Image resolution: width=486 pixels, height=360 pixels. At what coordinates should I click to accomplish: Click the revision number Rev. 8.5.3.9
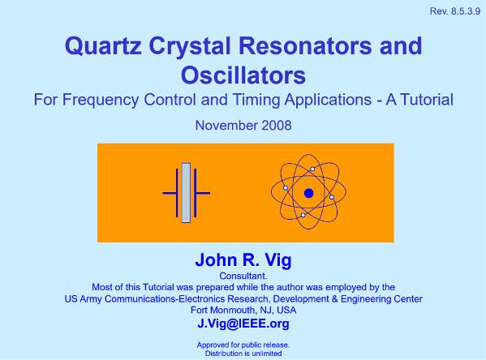454,11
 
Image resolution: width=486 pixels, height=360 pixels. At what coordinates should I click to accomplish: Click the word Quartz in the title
103,46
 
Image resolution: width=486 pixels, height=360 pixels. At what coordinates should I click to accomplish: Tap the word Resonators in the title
305,46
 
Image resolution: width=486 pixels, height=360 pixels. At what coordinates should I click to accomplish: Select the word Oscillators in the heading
243,75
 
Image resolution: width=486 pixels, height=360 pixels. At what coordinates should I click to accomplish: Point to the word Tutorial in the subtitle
427,100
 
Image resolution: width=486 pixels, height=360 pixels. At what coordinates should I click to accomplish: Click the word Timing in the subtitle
256,101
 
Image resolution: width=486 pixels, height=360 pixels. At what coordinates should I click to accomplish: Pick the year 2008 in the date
277,126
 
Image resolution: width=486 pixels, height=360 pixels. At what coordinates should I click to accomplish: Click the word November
226,126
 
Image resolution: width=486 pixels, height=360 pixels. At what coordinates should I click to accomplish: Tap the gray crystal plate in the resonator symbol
186,193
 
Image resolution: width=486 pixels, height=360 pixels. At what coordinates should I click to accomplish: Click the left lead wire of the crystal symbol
170,193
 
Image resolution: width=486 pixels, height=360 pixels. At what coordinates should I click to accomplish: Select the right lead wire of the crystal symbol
203,193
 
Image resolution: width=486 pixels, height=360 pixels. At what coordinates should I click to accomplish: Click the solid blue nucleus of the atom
308,193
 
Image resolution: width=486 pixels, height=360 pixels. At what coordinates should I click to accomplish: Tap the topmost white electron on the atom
312,169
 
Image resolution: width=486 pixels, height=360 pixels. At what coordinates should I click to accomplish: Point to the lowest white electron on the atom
303,216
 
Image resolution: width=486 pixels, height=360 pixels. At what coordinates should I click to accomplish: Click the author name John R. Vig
243,259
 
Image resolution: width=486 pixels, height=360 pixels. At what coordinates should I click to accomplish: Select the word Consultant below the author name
243,276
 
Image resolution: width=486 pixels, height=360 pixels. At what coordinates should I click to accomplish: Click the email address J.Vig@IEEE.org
243,324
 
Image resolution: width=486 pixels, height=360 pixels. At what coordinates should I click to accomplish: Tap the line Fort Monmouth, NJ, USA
243,310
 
